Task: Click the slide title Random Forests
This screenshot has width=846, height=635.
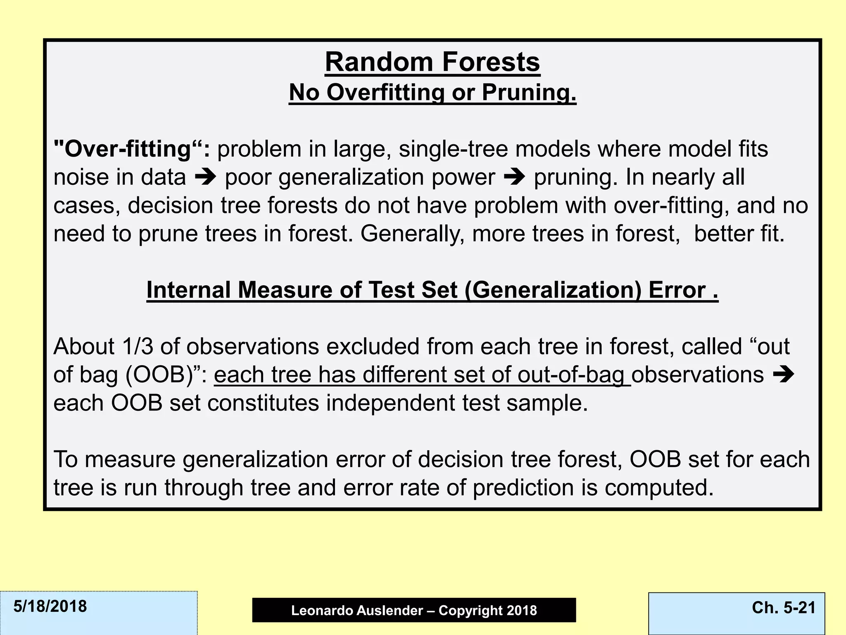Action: [432, 62]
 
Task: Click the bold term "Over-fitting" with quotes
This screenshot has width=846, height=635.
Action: [132, 149]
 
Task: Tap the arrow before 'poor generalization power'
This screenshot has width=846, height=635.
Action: [205, 177]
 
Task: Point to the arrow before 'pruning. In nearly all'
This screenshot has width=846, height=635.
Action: [514, 177]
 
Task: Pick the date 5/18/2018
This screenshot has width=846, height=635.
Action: [50, 606]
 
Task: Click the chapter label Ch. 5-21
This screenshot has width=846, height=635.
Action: [784, 607]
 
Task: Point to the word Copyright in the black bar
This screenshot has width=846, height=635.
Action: [467, 610]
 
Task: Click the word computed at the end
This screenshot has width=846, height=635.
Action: [659, 488]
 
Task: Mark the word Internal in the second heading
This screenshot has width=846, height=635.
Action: [188, 290]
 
